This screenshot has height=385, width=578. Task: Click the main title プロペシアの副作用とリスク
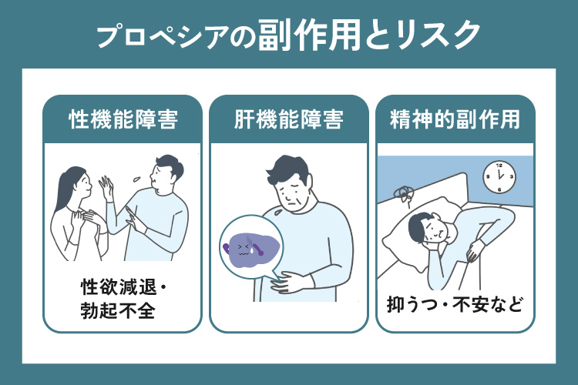(289, 35)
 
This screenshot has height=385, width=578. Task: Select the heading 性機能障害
(123, 121)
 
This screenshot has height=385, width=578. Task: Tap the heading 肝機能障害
(289, 121)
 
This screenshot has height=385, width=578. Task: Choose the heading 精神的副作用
(455, 121)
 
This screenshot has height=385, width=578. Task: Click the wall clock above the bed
(498, 178)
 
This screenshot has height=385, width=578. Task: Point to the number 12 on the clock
(498, 167)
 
